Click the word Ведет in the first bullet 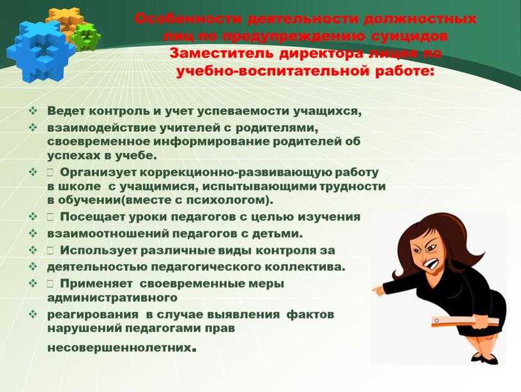(x=66, y=111)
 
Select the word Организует (x=98, y=173)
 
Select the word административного (x=112, y=297)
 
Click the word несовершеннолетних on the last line (x=119, y=348)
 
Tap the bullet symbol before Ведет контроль (x=33, y=111)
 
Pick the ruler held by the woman (x=465, y=321)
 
